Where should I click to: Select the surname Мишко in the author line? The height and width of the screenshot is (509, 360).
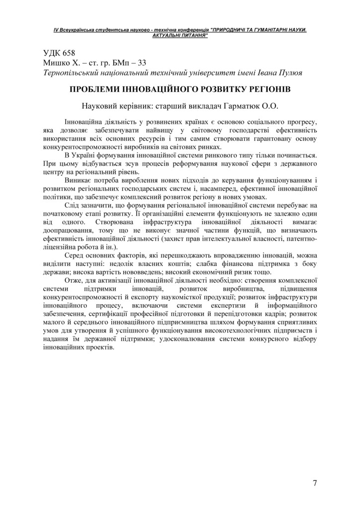coord(56,63)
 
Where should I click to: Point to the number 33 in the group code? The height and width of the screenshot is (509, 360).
coord(141,63)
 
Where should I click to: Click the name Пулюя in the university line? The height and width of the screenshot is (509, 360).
coord(289,73)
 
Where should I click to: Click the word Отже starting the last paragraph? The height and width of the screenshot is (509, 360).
coord(74,281)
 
